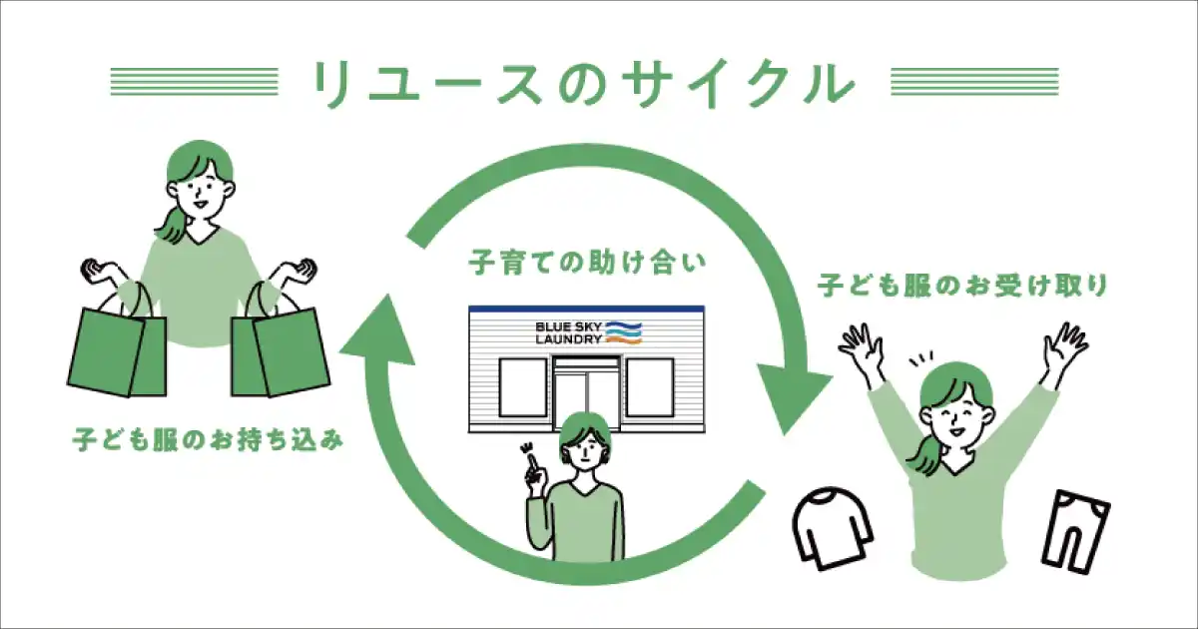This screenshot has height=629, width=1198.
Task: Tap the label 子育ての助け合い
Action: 588,266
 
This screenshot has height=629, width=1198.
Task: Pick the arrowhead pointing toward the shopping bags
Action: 378,329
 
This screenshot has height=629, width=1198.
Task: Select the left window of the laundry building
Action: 521,389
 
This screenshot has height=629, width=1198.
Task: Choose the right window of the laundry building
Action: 650,389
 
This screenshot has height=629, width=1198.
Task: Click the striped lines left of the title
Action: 194,83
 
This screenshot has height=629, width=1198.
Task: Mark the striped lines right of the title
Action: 973,83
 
